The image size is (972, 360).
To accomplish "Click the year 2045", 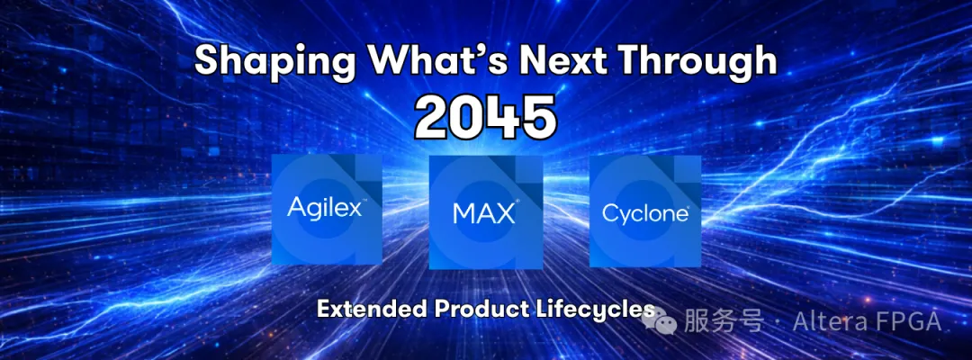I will click(x=486, y=116).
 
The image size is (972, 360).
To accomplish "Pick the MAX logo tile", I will click(x=486, y=212).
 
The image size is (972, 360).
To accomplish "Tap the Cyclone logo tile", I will click(x=644, y=211).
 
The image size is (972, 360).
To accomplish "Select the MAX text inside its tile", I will click(x=483, y=215).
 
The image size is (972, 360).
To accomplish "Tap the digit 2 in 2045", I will click(x=435, y=116).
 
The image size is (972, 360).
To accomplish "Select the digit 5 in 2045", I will click(x=537, y=116).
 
